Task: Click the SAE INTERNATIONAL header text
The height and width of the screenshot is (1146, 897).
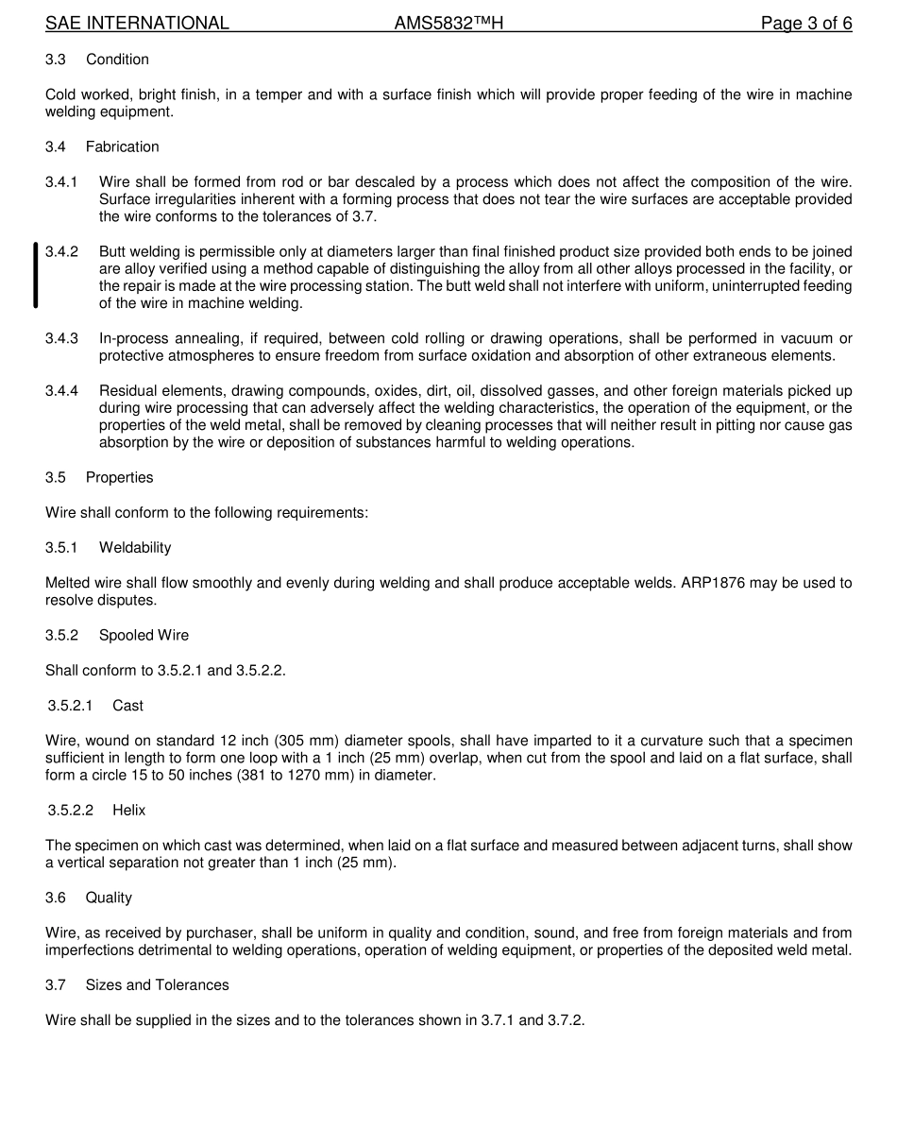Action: pyautogui.click(x=137, y=24)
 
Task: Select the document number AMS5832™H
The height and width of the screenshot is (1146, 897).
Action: pyautogui.click(x=448, y=24)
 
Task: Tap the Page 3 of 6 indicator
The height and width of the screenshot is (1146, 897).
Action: pyautogui.click(x=806, y=24)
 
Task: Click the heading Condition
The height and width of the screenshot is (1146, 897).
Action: pyautogui.click(x=117, y=60)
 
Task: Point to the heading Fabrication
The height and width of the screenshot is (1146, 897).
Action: pyautogui.click(x=122, y=146)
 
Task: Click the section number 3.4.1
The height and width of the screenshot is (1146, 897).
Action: pyautogui.click(x=62, y=181)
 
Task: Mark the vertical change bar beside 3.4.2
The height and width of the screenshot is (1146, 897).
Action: pyautogui.click(x=36, y=275)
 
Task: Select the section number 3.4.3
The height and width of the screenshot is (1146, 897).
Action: pyautogui.click(x=62, y=338)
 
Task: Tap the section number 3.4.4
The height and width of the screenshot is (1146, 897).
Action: pyautogui.click(x=62, y=391)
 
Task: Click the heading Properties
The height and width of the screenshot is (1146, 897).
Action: pyautogui.click(x=119, y=477)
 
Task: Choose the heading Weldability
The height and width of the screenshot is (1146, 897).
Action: pyautogui.click(x=135, y=548)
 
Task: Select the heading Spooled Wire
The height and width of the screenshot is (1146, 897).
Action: pyautogui.click(x=144, y=635)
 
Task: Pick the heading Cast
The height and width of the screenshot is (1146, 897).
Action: pyautogui.click(x=127, y=706)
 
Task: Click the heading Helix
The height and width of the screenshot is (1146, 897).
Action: pyautogui.click(x=128, y=811)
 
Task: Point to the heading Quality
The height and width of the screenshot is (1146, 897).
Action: pyautogui.click(x=109, y=898)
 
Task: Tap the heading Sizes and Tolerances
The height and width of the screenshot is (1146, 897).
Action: pyautogui.click(x=157, y=985)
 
